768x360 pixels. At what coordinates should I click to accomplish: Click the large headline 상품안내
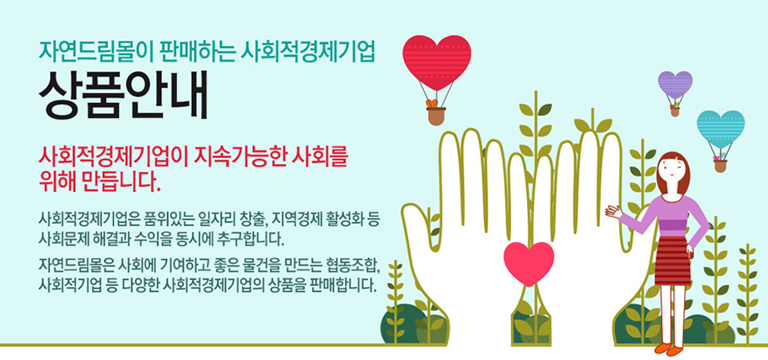(x=123, y=96)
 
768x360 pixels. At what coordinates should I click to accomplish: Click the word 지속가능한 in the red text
(x=243, y=157)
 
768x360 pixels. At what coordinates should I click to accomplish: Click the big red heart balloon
(x=437, y=62)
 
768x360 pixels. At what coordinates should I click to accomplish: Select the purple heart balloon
(x=675, y=85)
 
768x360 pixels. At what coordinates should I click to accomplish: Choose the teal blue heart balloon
(x=721, y=129)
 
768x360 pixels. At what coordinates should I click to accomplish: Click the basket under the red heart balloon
(x=436, y=116)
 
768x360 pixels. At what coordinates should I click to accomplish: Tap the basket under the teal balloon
(x=720, y=165)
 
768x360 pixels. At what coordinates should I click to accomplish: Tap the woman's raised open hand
(x=613, y=211)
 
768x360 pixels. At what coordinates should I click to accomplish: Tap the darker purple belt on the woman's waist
(x=673, y=227)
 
